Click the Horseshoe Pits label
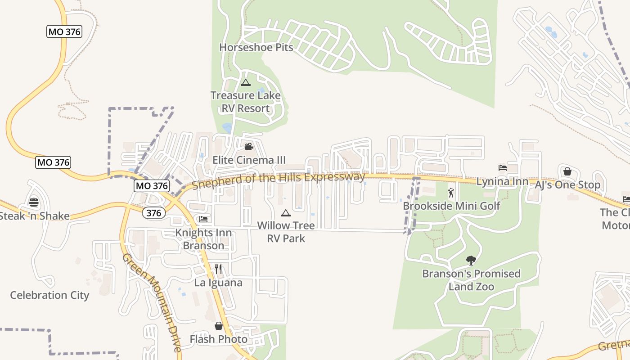[256, 47]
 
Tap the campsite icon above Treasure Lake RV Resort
[245, 82]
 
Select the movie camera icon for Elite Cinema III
[249, 146]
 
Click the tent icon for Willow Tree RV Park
[286, 213]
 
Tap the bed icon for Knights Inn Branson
[203, 219]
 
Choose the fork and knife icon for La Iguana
[218, 269]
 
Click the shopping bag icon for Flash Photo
[219, 326]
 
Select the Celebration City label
[49, 295]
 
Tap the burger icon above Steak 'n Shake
[34, 202]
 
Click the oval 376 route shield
[153, 213]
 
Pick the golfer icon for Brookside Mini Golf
[451, 193]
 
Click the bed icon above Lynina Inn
[503, 168]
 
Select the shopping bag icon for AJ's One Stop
[567, 171]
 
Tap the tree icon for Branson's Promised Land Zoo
[471, 260]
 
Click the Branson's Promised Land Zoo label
[471, 280]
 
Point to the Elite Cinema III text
[249, 160]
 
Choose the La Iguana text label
[218, 283]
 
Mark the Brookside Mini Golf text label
[451, 206]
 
